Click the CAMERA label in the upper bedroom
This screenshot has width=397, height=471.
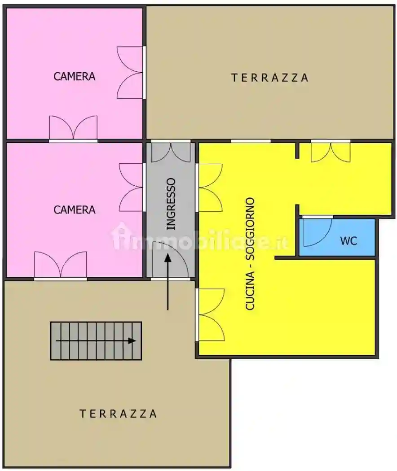point(75,76)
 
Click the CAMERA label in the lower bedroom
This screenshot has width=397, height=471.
point(75,209)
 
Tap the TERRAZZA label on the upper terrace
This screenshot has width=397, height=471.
point(270,78)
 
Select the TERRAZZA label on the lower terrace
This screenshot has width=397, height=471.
point(119,414)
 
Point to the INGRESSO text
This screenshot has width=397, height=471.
point(171,204)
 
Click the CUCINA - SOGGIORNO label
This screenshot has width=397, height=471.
point(250,254)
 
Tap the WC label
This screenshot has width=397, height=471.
point(348,241)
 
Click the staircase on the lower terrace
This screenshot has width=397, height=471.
point(96,340)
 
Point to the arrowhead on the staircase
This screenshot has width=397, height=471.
point(132,340)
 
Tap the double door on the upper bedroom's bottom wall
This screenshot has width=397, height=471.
point(73,128)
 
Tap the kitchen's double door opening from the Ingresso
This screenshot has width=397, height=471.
point(210,187)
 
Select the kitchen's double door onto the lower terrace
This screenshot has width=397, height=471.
point(210,314)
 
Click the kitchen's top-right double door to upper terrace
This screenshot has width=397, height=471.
point(331,152)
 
